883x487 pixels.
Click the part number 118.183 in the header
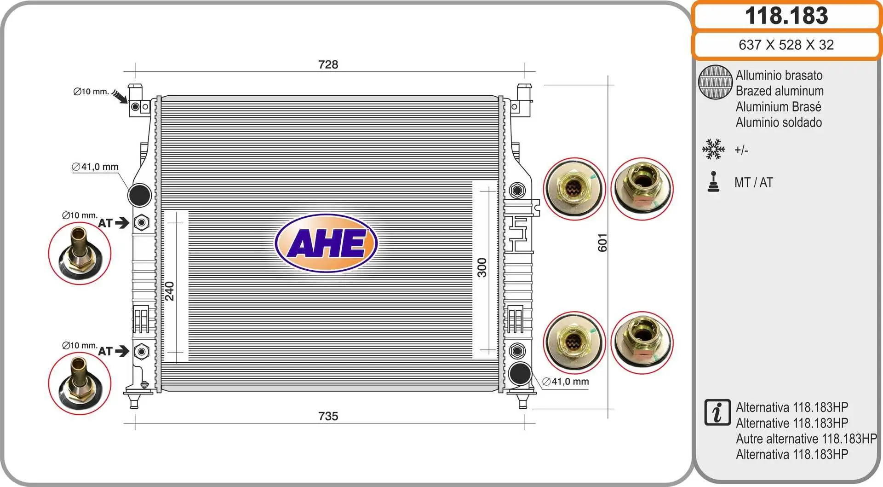[786, 16]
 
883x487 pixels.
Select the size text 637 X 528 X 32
[786, 45]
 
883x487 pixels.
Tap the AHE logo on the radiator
[327, 243]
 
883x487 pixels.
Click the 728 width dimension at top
[328, 64]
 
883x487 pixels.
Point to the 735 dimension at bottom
[328, 416]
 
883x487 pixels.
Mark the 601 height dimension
[602, 243]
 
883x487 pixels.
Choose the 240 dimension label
[169, 291]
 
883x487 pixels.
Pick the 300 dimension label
[482, 267]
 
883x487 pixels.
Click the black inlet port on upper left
[139, 195]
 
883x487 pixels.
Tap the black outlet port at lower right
[520, 373]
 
